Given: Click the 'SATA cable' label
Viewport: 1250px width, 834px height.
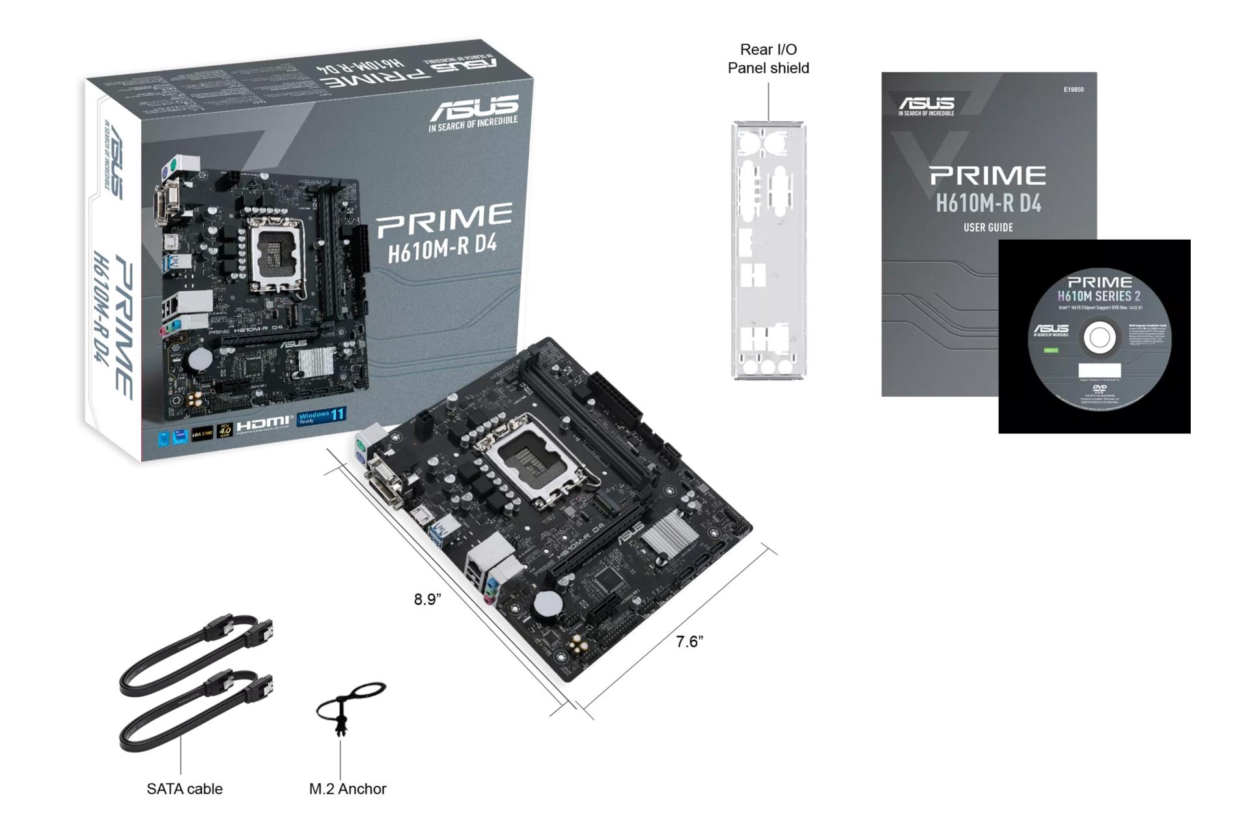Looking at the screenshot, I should pyautogui.click(x=184, y=789).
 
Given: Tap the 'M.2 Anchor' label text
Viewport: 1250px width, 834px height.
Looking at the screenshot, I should pyautogui.click(x=347, y=789).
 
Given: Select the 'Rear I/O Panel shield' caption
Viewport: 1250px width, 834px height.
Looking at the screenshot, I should pyautogui.click(x=768, y=59).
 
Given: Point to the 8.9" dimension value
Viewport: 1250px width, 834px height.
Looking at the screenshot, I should pyautogui.click(x=427, y=599).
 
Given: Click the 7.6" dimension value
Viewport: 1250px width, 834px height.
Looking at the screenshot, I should pyautogui.click(x=689, y=642).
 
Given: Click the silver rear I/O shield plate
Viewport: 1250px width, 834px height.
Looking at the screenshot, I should pyautogui.click(x=768, y=250).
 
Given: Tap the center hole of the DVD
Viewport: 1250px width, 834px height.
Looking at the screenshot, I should pyautogui.click(x=1099, y=338).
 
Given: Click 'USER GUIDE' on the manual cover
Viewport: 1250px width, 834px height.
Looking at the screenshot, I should pyautogui.click(x=988, y=227).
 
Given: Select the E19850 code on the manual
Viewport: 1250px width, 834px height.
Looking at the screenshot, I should pyautogui.click(x=1073, y=90).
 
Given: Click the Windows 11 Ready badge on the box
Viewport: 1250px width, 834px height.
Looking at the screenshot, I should pyautogui.click(x=322, y=417).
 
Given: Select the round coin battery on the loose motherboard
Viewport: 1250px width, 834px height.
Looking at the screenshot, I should pyautogui.click(x=548, y=604).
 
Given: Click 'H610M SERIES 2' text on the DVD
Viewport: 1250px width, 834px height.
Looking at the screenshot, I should pyautogui.click(x=1098, y=296).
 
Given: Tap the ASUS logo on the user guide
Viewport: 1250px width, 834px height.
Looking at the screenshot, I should pyautogui.click(x=926, y=104).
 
